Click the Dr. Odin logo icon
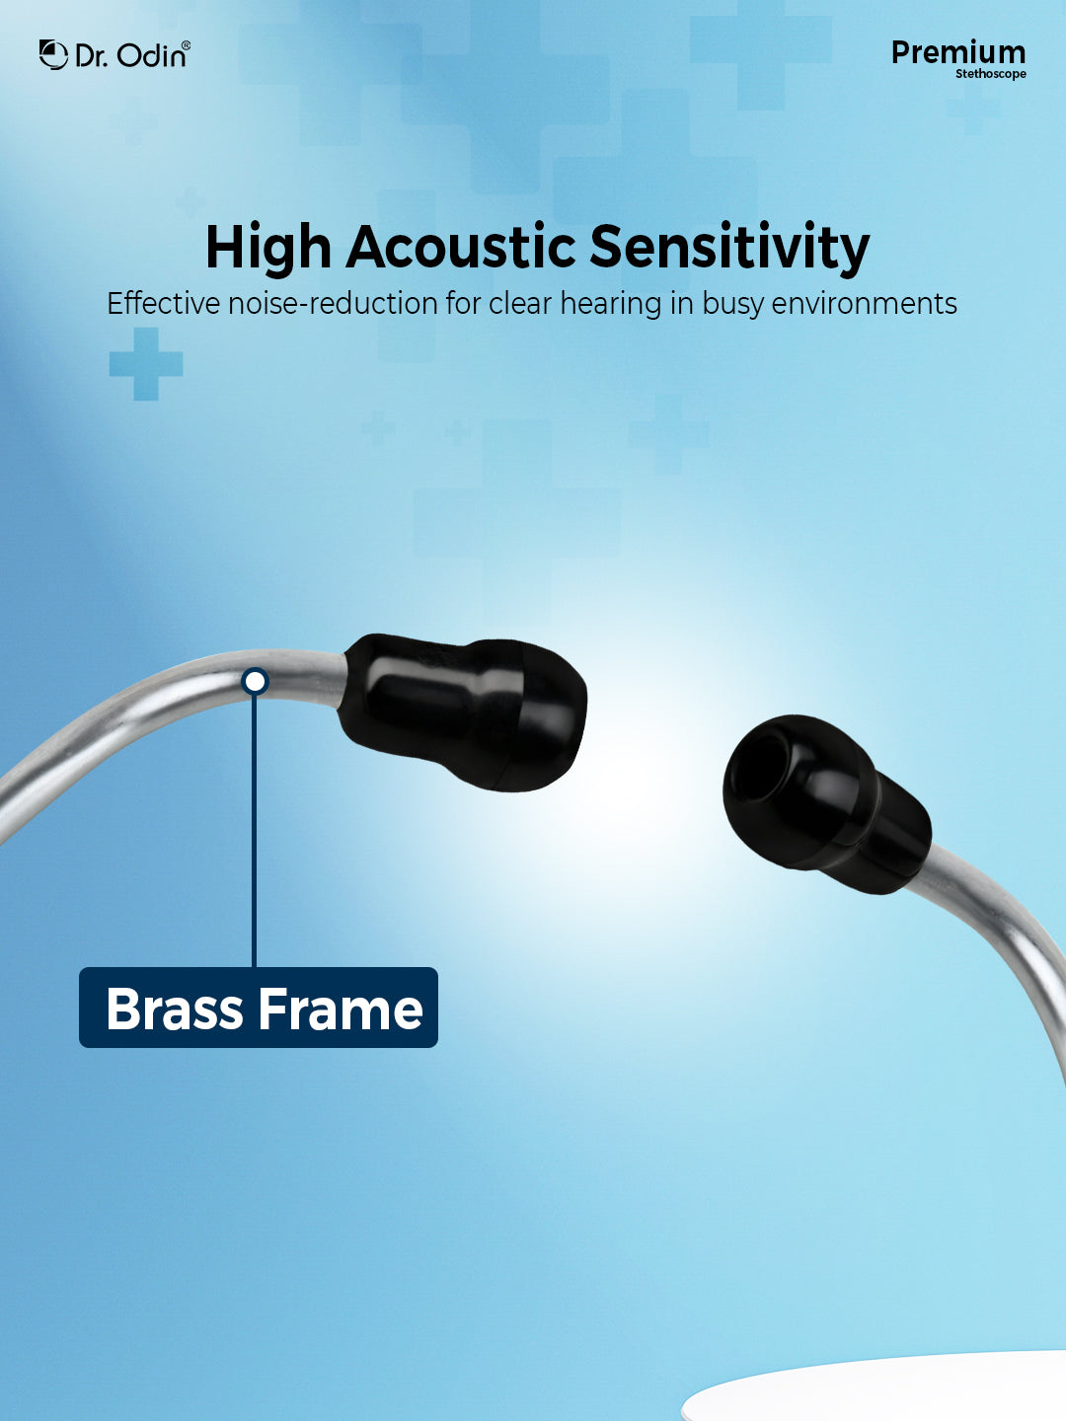tap(53, 54)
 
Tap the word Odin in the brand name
tap(152, 55)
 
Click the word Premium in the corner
tap(957, 53)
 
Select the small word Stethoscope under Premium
tap(991, 74)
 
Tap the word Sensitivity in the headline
tap(729, 250)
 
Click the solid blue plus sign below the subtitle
tap(146, 364)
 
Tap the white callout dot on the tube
tap(255, 682)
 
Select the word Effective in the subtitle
tap(163, 304)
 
